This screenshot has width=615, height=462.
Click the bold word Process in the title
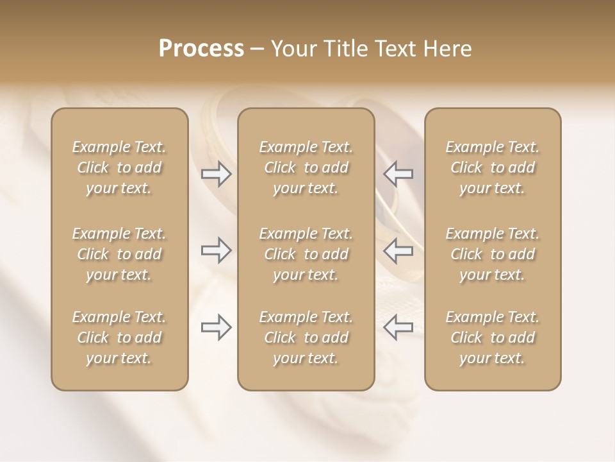coord(201,49)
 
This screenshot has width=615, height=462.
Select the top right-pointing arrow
coord(217,174)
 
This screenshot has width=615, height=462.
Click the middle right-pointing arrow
coord(217,250)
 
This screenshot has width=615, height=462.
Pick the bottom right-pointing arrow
coord(217,327)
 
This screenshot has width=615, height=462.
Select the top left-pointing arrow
coord(398,174)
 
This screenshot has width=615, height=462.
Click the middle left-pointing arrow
coord(398,250)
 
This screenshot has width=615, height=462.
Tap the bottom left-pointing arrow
coord(398,327)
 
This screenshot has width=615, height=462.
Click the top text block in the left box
coord(119,167)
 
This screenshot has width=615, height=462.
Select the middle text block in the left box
coord(119,254)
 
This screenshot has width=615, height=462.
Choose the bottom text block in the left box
coord(119,338)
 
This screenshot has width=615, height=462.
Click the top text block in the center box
coord(306,167)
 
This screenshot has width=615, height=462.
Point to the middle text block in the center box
coord(306,254)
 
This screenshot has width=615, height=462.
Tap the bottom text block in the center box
coord(306,338)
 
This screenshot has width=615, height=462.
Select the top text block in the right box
coord(493,167)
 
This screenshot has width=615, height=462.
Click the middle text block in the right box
coord(493,254)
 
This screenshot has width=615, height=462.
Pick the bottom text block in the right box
coord(493,338)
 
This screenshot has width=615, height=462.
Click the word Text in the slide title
coord(395,49)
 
